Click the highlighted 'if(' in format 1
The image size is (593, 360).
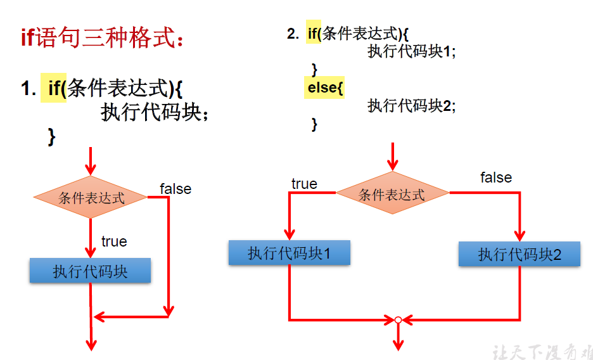57,88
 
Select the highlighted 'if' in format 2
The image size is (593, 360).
314,34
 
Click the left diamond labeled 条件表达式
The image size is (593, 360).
91,198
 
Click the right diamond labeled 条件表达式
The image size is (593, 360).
392,193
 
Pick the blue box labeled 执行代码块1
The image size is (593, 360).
289,254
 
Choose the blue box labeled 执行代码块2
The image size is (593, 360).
520,255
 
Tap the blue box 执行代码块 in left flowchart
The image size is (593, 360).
90,271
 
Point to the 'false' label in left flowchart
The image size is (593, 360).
175,189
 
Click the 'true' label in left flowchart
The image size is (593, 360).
114,241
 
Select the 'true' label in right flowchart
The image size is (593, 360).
304,184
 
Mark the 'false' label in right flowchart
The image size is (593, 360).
495,177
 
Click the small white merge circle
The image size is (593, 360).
398,320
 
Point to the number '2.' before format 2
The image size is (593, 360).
293,34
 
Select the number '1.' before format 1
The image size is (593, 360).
29,89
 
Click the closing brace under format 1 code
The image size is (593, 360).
52,136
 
